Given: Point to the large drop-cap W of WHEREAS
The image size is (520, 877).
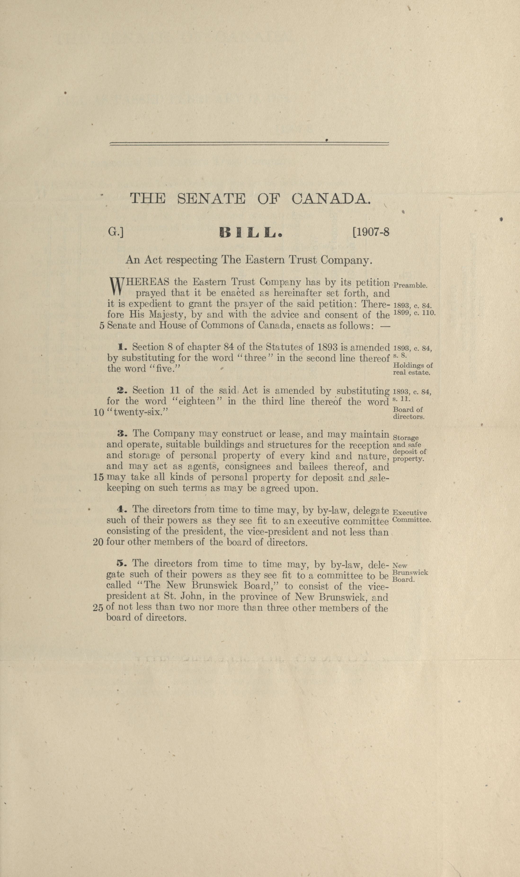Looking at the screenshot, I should pos(116,286).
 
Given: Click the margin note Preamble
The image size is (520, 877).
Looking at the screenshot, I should pos(410,285).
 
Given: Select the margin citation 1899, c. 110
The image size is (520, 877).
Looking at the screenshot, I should pos(414,312).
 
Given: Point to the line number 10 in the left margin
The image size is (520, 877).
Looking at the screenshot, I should pos(99,413).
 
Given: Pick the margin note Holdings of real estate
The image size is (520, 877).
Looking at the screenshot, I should pos(412,369).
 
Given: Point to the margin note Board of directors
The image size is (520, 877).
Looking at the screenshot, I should pos(408,413).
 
